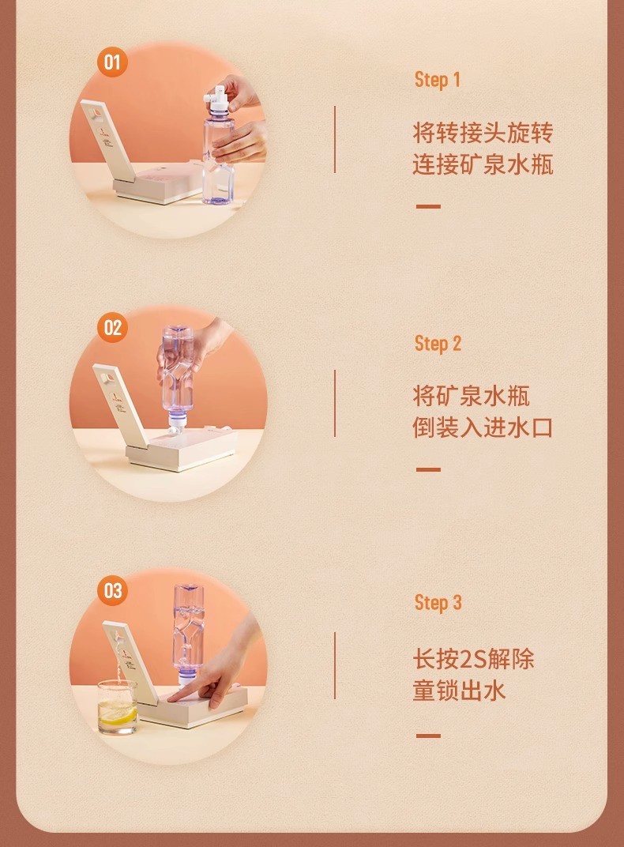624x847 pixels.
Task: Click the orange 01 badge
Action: click(112, 62)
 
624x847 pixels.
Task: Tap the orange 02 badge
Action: click(112, 327)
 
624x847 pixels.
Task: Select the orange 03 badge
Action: click(112, 590)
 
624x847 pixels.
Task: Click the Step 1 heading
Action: click(438, 80)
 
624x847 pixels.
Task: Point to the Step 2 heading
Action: click(438, 344)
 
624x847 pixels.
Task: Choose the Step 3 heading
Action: click(438, 602)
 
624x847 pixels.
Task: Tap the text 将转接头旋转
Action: click(483, 133)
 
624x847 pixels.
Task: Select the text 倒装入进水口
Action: click(483, 427)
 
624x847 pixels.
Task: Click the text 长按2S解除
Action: click(473, 659)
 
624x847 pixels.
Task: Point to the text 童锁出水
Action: click(459, 691)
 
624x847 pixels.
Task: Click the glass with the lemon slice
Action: click(117, 706)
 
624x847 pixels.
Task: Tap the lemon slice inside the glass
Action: click(118, 715)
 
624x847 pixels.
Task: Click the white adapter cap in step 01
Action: click(217, 100)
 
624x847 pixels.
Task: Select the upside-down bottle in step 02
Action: click(178, 378)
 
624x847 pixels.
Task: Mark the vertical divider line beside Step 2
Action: click(335, 404)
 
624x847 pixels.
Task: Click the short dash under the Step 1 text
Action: click(428, 206)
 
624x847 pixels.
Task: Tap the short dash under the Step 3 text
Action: click(428, 736)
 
